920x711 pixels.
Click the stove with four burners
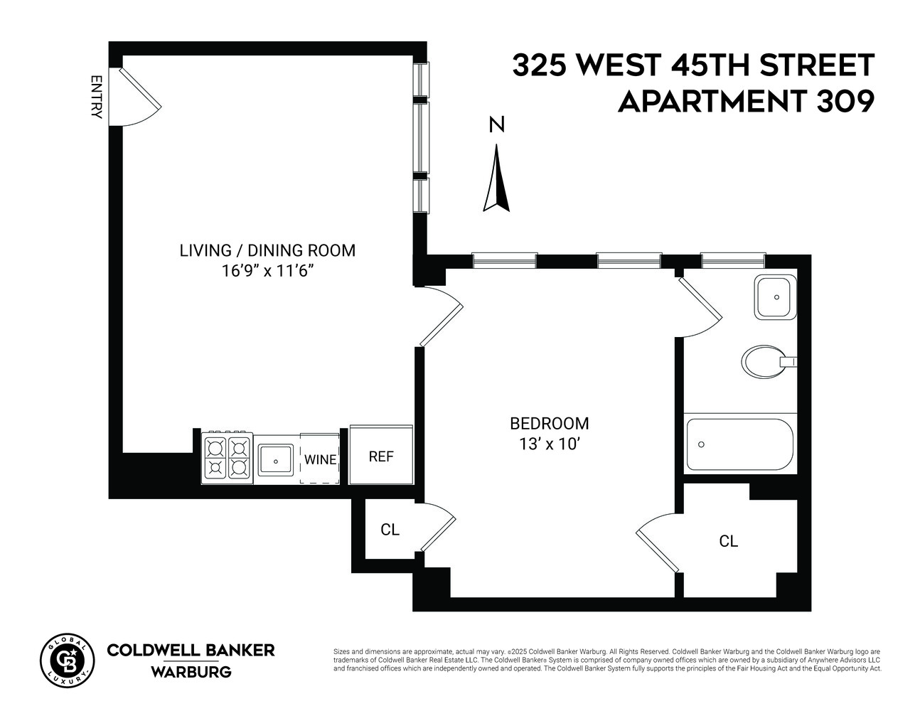pos(228,458)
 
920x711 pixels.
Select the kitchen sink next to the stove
pos(276,459)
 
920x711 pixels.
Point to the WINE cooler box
pos(320,459)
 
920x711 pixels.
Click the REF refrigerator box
pos(381,456)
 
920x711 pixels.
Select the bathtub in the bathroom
pos(739,444)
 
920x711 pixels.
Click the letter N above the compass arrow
pos(497,125)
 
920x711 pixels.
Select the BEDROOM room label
pos(550,424)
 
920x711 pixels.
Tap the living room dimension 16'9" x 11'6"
pos(267,271)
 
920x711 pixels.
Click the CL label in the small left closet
pos(390,530)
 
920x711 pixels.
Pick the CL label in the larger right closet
pos(729,541)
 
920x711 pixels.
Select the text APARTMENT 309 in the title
pos(746,102)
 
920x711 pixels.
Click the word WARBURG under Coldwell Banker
pos(191,672)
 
